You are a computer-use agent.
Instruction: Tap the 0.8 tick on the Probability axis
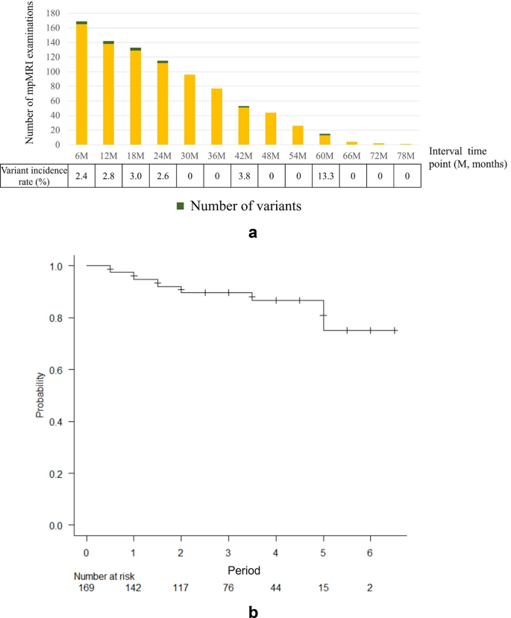(65, 318)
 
